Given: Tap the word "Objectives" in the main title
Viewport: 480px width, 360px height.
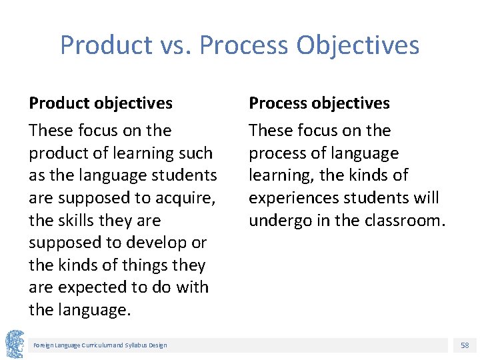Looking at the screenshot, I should click(358, 45).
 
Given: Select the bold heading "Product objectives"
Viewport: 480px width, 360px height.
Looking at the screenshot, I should click(101, 103).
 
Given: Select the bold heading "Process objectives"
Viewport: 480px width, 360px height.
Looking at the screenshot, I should click(319, 103).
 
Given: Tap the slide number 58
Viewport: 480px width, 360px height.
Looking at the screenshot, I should click(464, 345).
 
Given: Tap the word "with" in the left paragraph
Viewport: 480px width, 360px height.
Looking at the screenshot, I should click(191, 288).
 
